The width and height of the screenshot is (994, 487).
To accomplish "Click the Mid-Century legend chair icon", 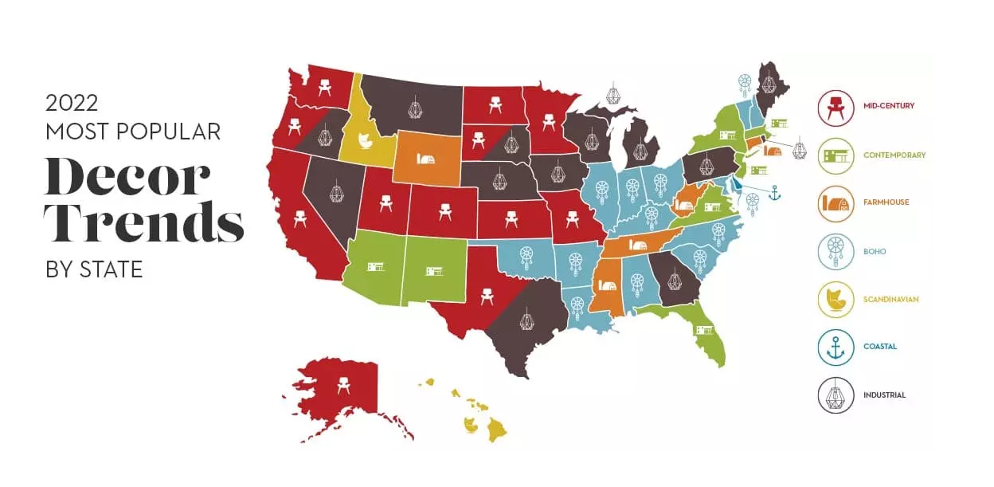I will point(836,108).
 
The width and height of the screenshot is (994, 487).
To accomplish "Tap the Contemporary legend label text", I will point(894,155).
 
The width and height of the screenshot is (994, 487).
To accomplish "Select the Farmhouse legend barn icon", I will point(836,203).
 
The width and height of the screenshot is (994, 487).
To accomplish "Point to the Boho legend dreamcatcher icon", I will point(836,251).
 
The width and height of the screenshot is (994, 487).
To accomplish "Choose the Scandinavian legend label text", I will point(891,300).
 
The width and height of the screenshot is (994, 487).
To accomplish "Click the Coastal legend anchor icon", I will point(836,347).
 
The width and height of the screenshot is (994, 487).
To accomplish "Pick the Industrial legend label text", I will point(884,395).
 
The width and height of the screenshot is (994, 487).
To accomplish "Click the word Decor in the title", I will point(127,177).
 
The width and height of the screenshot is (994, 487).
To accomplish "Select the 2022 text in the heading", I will point(72,104).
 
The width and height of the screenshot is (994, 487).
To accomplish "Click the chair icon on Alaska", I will point(344,387).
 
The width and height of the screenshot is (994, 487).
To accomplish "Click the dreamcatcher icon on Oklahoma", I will point(526,256).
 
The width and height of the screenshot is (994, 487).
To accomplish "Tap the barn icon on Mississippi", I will point(607,284).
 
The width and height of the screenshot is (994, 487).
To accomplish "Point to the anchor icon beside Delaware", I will point(774,192).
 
